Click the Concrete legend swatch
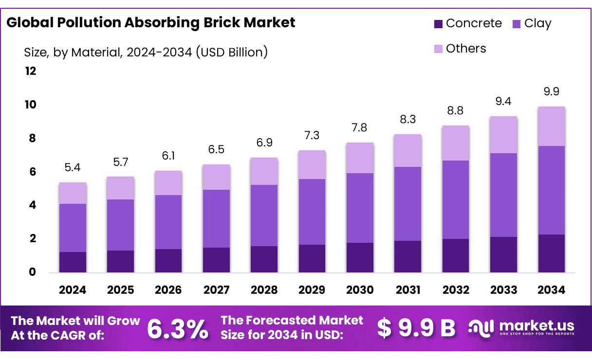[438, 23]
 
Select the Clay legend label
[537, 23]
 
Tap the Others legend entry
[465, 49]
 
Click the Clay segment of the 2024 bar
[73, 228]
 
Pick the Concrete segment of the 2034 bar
[551, 253]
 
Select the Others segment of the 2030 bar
[360, 158]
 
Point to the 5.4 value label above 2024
[73, 168]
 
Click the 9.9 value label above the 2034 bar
[551, 91]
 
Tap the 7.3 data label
[312, 135]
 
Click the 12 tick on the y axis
[31, 72]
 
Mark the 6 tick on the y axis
[32, 172]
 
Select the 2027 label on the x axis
[216, 290]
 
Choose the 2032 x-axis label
[456, 290]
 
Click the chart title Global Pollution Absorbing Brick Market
[151, 22]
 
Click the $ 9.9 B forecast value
[416, 328]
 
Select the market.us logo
[521, 327]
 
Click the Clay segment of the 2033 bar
[503, 195]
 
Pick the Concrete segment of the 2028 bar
[264, 259]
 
